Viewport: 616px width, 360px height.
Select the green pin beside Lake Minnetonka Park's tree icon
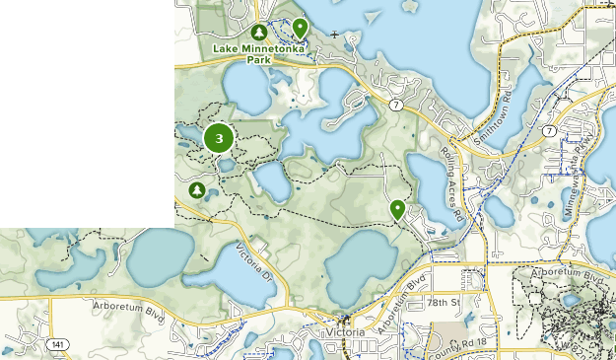pyautogui.click(x=299, y=28)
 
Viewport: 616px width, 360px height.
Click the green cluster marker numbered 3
pyautogui.click(x=219, y=139)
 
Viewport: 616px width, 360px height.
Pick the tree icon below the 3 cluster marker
pyautogui.click(x=197, y=189)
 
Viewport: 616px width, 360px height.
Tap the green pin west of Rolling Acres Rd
pyautogui.click(x=397, y=209)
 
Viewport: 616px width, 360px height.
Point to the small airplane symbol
pyautogui.click(x=335, y=36)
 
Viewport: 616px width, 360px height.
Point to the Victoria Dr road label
pyautogui.click(x=255, y=260)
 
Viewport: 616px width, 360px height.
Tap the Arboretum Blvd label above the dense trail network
pyautogui.click(x=565, y=271)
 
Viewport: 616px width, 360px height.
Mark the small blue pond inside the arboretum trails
pyautogui.click(x=571, y=299)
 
